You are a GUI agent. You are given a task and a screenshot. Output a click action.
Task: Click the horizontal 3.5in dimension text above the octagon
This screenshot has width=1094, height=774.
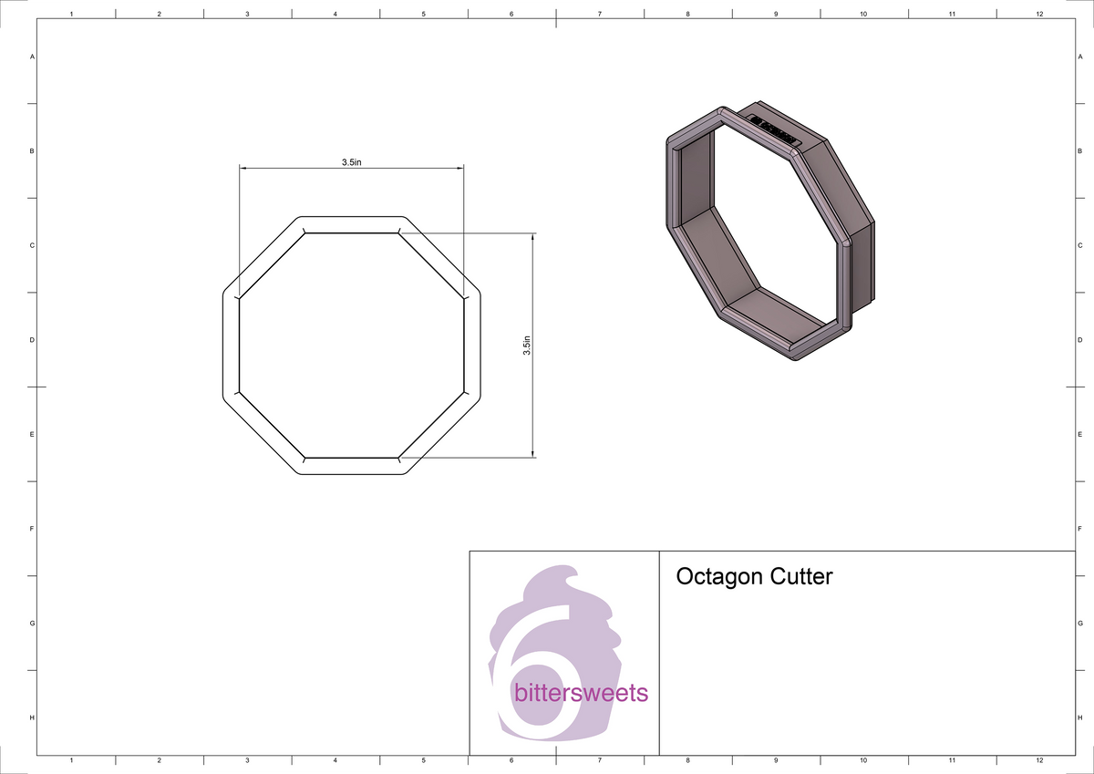(352, 161)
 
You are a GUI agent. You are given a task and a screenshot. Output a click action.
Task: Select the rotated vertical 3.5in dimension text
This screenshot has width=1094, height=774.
(527, 346)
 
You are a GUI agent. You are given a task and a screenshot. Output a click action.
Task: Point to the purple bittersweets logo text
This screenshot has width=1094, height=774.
(581, 694)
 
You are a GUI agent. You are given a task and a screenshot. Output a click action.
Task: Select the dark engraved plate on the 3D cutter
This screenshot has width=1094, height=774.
(774, 130)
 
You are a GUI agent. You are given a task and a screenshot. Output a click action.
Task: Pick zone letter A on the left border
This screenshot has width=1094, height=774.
(33, 57)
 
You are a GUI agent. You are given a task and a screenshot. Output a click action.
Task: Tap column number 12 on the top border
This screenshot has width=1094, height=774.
(1039, 15)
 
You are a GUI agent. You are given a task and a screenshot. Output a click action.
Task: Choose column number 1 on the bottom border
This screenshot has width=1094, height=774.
(71, 759)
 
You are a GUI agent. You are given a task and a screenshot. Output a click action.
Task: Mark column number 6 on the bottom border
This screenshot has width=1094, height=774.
(511, 759)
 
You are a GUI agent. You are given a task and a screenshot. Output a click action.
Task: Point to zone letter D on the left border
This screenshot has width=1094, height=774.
(33, 340)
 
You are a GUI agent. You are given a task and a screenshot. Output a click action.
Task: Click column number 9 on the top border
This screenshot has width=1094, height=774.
(776, 15)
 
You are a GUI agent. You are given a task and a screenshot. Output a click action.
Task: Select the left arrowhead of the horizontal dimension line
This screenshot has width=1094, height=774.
(243, 168)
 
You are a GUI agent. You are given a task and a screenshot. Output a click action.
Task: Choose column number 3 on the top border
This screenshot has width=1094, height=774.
(247, 15)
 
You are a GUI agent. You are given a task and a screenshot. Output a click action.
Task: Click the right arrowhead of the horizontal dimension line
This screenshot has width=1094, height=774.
(460, 168)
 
